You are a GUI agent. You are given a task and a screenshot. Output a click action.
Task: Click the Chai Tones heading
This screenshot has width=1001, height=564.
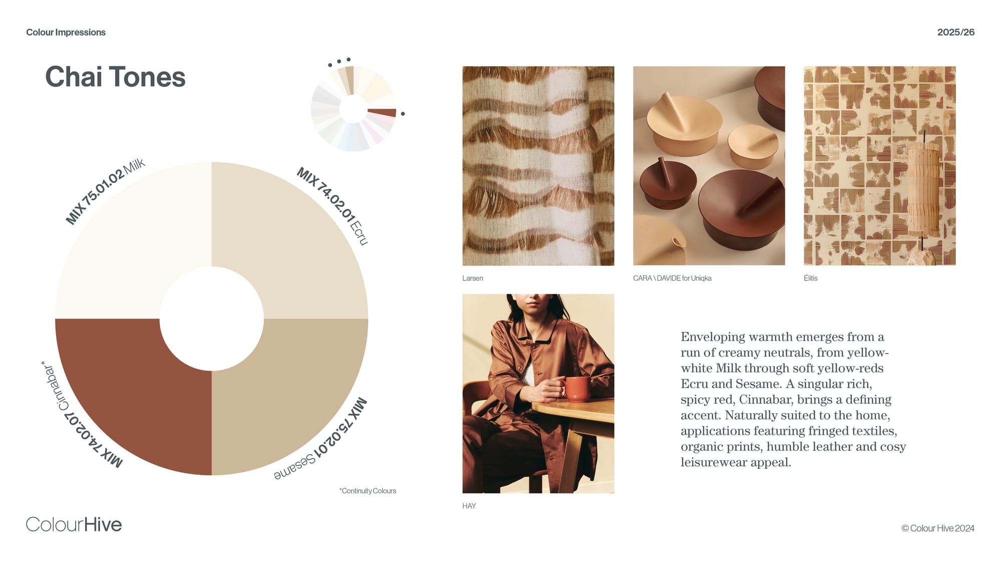coord(115,77)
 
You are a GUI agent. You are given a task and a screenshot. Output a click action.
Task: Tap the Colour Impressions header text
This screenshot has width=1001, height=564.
coord(66,33)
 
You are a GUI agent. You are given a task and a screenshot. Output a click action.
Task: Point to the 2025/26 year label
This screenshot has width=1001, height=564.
coord(955,33)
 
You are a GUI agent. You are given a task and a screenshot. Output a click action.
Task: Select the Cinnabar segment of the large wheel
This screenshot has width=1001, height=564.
coord(125,391)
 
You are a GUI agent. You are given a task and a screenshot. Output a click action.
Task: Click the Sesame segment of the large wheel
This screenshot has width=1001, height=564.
coord(295,391)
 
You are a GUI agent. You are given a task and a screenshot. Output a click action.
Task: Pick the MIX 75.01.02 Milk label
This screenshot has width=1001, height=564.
coord(105,191)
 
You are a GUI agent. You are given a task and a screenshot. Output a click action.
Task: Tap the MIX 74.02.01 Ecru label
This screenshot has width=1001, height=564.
coord(333,205)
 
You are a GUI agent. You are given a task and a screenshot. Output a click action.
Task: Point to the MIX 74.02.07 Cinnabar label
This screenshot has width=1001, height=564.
coord(80,416)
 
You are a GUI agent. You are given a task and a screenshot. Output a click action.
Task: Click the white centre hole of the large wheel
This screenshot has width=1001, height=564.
coord(212,319)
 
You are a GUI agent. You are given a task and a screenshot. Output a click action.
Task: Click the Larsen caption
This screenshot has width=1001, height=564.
coord(472,278)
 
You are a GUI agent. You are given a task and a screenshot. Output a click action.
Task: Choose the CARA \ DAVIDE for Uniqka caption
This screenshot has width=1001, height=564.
coord(672,278)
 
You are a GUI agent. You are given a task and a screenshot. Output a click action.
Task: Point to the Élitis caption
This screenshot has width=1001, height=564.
coord(811,278)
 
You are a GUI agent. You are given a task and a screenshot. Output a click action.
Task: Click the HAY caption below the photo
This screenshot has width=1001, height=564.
coord(469,506)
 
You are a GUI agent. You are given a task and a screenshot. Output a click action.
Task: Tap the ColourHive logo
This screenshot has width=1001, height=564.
coord(74,524)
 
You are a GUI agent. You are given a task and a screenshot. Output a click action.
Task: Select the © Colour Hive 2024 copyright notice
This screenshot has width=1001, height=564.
coord(938,528)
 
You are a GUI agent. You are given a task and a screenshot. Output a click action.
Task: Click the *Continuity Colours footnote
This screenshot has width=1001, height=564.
coord(368,491)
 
